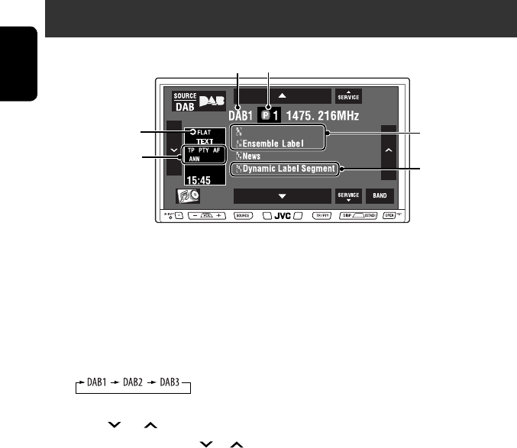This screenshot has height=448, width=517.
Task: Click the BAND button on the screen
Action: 380,196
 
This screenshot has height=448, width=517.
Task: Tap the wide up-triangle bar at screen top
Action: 282,97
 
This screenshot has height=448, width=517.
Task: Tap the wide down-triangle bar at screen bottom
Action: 282,196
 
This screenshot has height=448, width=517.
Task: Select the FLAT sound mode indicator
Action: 202,131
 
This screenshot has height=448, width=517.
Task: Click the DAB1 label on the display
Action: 244,117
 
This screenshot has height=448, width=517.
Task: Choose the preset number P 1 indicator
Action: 274,117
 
